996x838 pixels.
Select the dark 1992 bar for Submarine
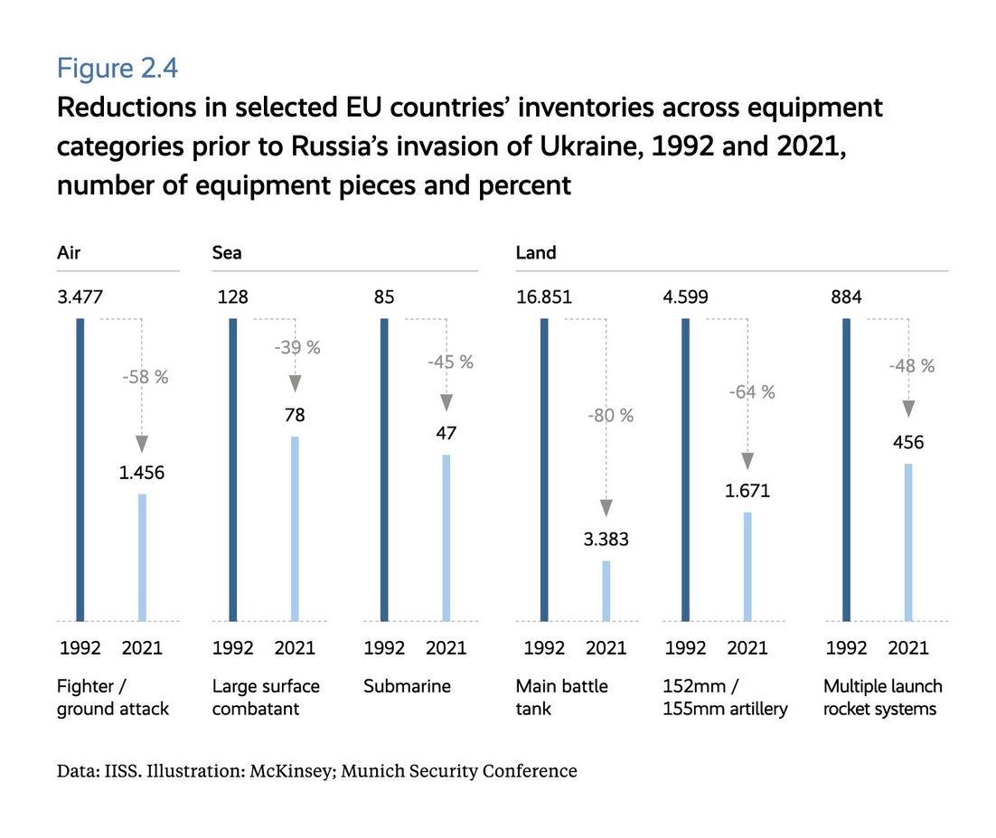(x=384, y=469)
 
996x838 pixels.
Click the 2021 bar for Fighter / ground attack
(x=142, y=557)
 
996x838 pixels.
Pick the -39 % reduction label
(x=295, y=347)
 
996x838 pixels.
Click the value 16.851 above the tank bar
(x=544, y=297)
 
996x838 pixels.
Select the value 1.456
(x=142, y=472)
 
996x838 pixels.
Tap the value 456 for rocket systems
(x=908, y=442)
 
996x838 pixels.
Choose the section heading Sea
(x=227, y=253)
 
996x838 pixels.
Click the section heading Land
(x=536, y=253)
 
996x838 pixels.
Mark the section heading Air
(x=69, y=253)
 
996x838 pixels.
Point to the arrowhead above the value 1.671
(x=747, y=461)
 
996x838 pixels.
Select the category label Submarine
(x=407, y=686)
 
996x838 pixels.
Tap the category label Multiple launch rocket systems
(x=881, y=697)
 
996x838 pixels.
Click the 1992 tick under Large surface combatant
(x=233, y=647)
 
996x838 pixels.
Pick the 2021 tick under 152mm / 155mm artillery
(x=747, y=647)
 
